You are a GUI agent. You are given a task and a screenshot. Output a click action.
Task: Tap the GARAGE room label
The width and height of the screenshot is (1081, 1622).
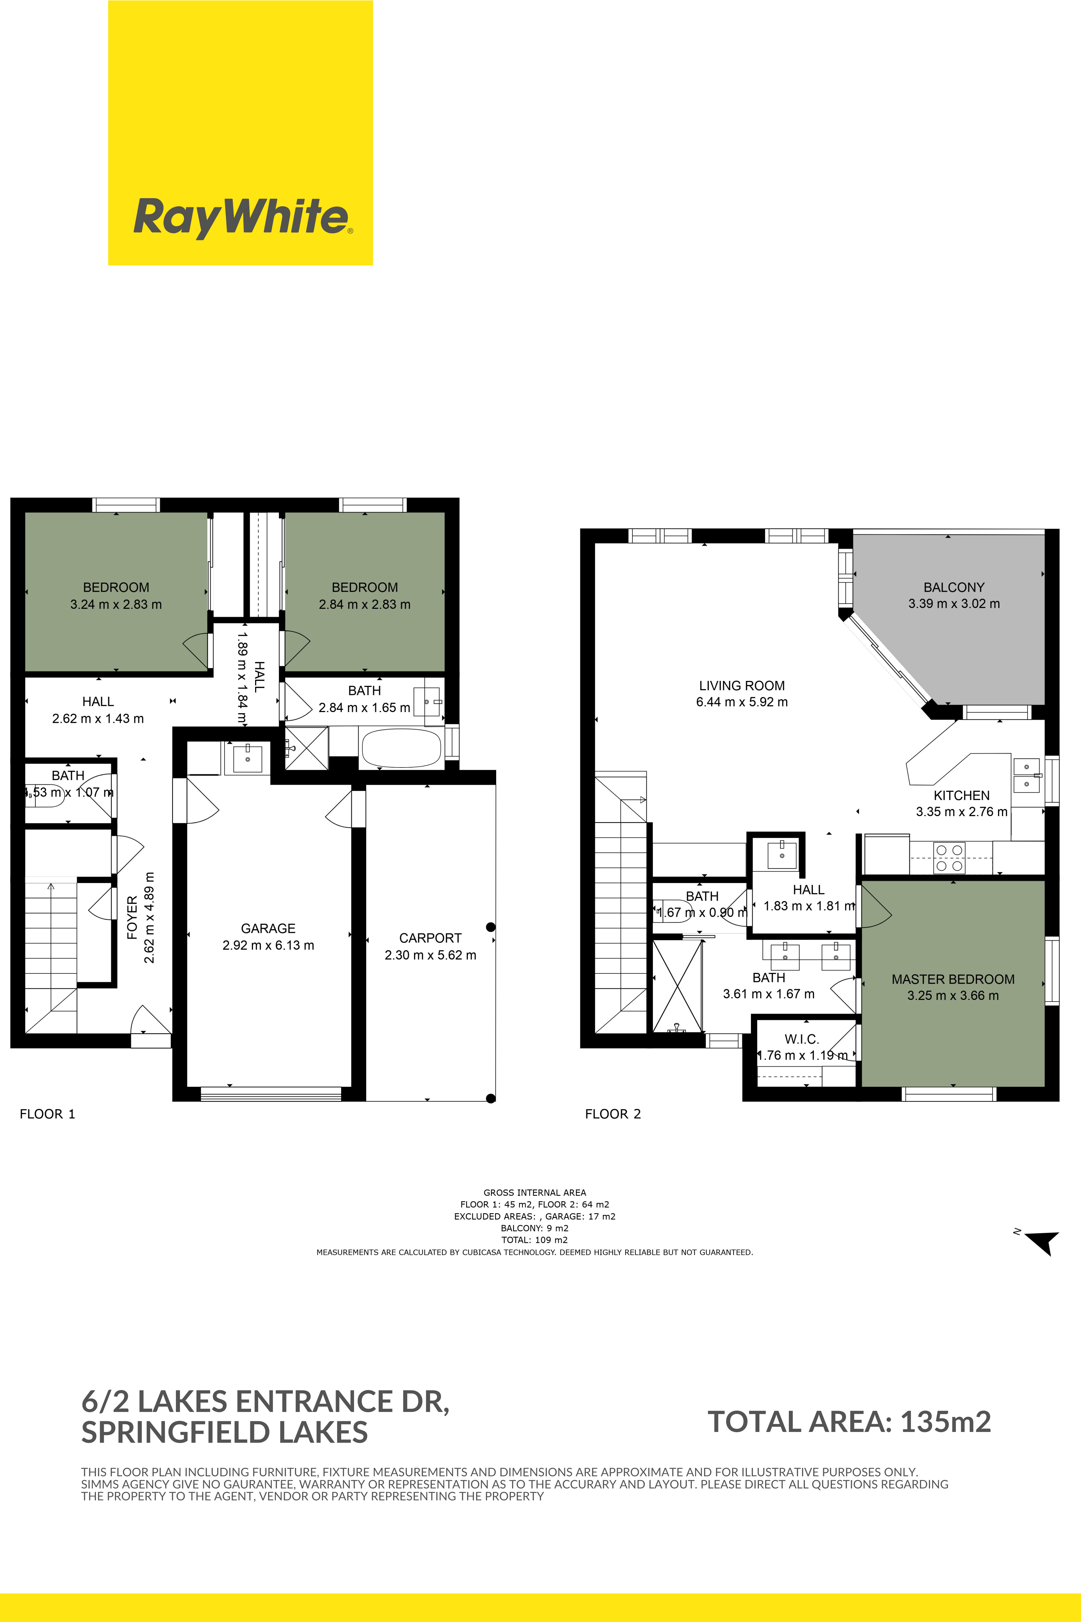268,928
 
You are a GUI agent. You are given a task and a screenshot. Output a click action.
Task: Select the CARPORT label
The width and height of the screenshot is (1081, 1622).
430,938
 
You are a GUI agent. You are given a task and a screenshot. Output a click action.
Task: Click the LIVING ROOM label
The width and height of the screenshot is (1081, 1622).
742,686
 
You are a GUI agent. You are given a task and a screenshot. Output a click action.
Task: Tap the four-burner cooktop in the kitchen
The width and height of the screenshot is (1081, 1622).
949,858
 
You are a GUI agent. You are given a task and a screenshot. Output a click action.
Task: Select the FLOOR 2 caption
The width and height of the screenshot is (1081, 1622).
613,1114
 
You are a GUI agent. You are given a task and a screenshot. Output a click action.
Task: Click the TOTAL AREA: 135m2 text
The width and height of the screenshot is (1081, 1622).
849,1422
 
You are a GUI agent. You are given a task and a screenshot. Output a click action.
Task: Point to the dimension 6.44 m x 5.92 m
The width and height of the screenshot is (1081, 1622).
742,702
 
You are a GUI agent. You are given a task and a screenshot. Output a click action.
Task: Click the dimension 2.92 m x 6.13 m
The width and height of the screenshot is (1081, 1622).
268,945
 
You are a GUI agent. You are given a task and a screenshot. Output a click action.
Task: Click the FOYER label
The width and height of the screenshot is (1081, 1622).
132,917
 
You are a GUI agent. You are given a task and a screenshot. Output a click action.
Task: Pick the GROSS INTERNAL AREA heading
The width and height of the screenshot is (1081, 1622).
535,1192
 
